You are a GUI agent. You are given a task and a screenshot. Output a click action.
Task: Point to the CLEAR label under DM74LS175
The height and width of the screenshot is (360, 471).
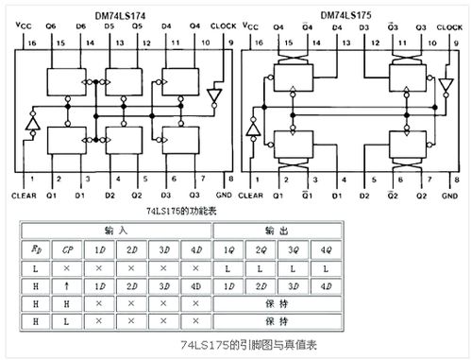pos(255,196)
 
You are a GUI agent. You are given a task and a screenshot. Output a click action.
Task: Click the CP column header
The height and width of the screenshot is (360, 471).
pos(67,250)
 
